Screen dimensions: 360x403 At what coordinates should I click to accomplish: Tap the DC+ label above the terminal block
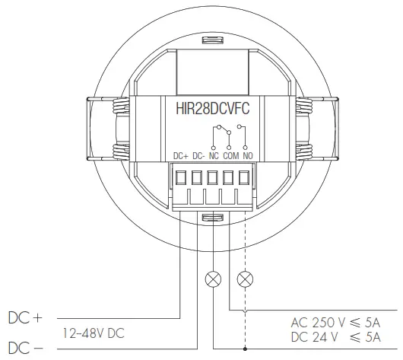(x=181, y=156)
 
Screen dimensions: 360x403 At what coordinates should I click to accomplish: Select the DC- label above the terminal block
(x=198, y=156)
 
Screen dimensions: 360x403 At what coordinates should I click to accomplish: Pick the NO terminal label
(x=247, y=156)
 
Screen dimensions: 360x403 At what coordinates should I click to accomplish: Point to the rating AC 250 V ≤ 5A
(x=336, y=321)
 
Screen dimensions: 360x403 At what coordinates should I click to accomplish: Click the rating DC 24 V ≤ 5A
(x=336, y=336)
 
